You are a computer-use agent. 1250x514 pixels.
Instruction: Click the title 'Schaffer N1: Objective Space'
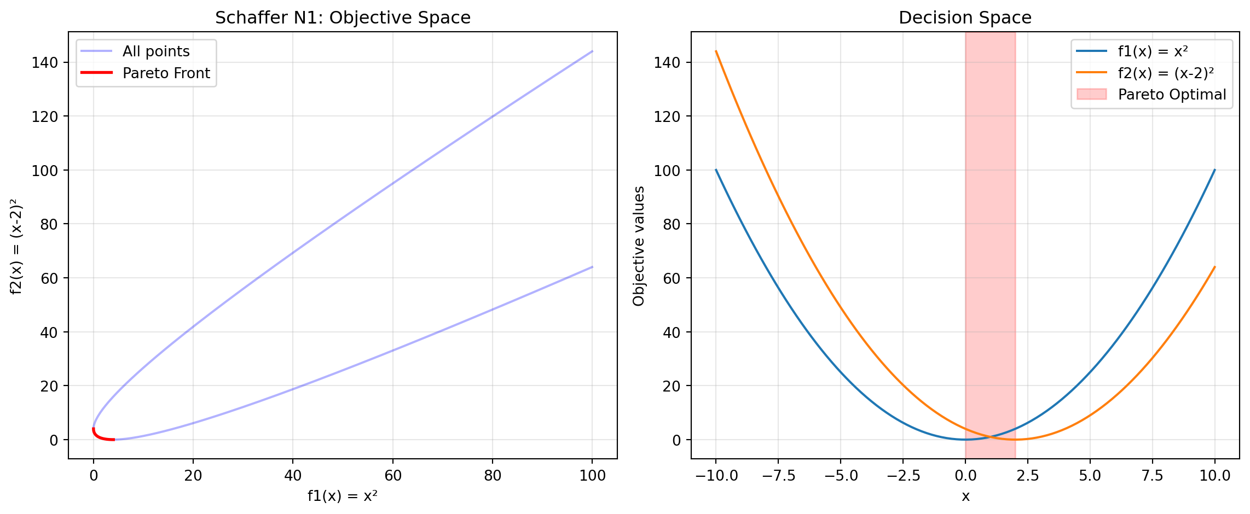[343, 18]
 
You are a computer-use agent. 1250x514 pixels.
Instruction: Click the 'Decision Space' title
[965, 18]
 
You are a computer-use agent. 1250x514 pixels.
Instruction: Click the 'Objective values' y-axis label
[639, 246]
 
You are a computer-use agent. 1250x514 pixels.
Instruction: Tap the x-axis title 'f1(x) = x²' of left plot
[343, 496]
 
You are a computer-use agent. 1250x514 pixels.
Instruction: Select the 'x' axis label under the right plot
[965, 496]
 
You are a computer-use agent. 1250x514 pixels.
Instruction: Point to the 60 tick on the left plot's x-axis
[393, 475]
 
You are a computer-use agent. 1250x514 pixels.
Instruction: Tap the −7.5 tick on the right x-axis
[778, 475]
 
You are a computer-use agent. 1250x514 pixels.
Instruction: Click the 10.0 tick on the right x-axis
[1215, 475]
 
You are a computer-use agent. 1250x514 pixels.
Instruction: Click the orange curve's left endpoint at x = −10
[716, 51]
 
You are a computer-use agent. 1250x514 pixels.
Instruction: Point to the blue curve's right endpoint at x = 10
[1215, 170]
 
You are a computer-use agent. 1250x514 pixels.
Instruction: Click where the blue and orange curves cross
[991, 437]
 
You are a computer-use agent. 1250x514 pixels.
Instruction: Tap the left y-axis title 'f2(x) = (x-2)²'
[17, 246]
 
